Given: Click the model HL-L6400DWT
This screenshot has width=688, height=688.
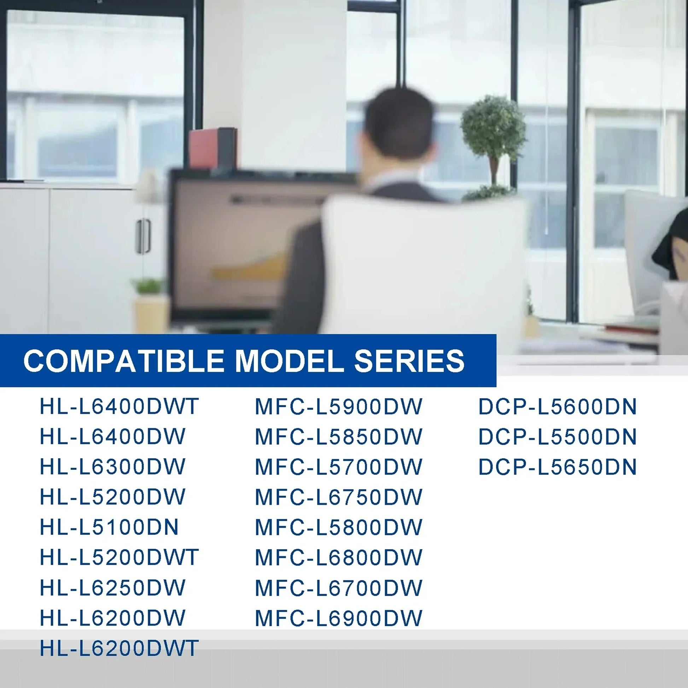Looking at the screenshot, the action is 119,406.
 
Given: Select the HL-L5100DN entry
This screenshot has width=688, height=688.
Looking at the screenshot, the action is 109,527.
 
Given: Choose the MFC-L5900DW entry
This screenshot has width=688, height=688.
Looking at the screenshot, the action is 339,406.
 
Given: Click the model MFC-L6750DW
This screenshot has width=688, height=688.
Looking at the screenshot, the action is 339,497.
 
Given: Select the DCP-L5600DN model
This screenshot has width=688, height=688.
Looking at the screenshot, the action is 557,406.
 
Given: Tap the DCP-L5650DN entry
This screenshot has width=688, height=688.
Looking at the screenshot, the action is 557,467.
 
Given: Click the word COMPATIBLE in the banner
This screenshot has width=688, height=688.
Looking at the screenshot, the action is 124,360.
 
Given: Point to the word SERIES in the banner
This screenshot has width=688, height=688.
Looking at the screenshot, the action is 409,360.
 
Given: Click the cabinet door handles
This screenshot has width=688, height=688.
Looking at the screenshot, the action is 144,236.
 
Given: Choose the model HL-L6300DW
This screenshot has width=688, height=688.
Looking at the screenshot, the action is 112,467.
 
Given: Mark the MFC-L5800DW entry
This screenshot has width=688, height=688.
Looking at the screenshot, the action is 339,527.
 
